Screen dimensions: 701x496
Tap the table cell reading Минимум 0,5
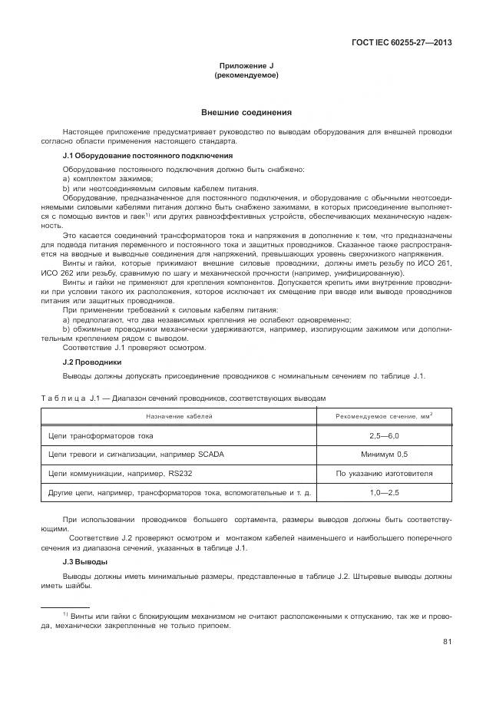pyautogui.click(x=384, y=455)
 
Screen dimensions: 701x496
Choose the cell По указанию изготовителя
pyautogui.click(x=384, y=474)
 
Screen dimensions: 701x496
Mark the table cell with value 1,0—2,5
pyautogui.click(x=384, y=493)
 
